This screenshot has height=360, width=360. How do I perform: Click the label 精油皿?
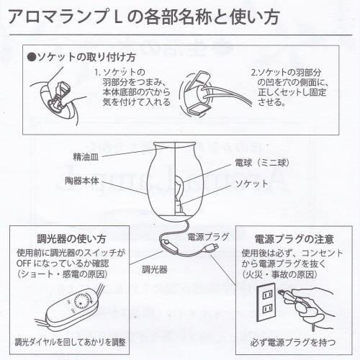(86, 157)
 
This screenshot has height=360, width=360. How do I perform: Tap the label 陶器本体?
(82, 181)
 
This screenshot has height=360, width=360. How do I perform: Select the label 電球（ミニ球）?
(262, 163)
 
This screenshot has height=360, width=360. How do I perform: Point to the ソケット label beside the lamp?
(251, 184)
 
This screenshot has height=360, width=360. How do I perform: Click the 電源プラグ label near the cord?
(208, 237)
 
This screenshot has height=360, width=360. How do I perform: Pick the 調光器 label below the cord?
(155, 269)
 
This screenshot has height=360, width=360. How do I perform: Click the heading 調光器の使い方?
(71, 239)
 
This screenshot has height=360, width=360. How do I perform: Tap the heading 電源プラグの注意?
(294, 239)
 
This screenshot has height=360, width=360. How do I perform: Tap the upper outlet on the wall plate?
(267, 294)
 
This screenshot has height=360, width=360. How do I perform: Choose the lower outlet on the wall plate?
(267, 308)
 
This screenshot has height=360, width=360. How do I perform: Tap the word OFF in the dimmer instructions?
(24, 264)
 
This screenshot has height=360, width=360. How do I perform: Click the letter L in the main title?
(117, 17)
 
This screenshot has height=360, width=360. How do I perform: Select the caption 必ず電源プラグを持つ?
(293, 342)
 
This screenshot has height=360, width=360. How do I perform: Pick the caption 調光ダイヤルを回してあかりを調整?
(70, 342)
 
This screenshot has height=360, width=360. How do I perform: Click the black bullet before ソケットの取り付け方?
(32, 58)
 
